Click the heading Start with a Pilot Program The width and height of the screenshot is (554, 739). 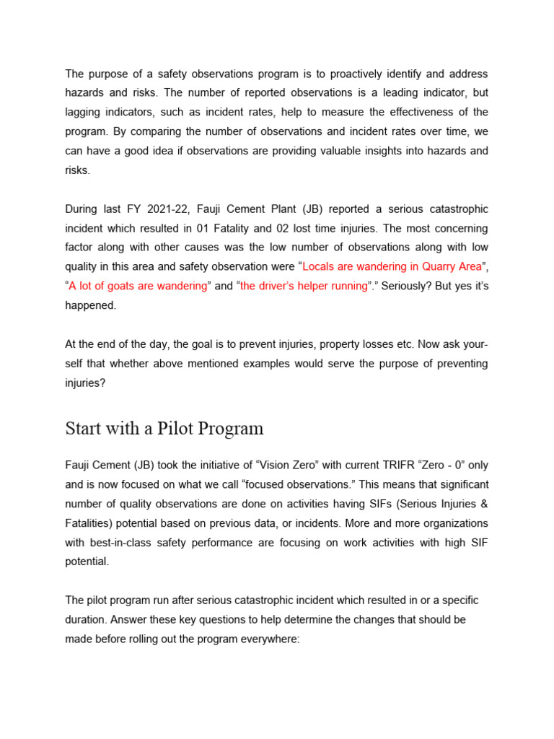point(164,429)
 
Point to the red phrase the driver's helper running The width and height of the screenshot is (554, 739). point(304,286)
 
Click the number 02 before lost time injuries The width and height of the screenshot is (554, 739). point(278,228)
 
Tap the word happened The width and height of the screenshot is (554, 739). point(90,305)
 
